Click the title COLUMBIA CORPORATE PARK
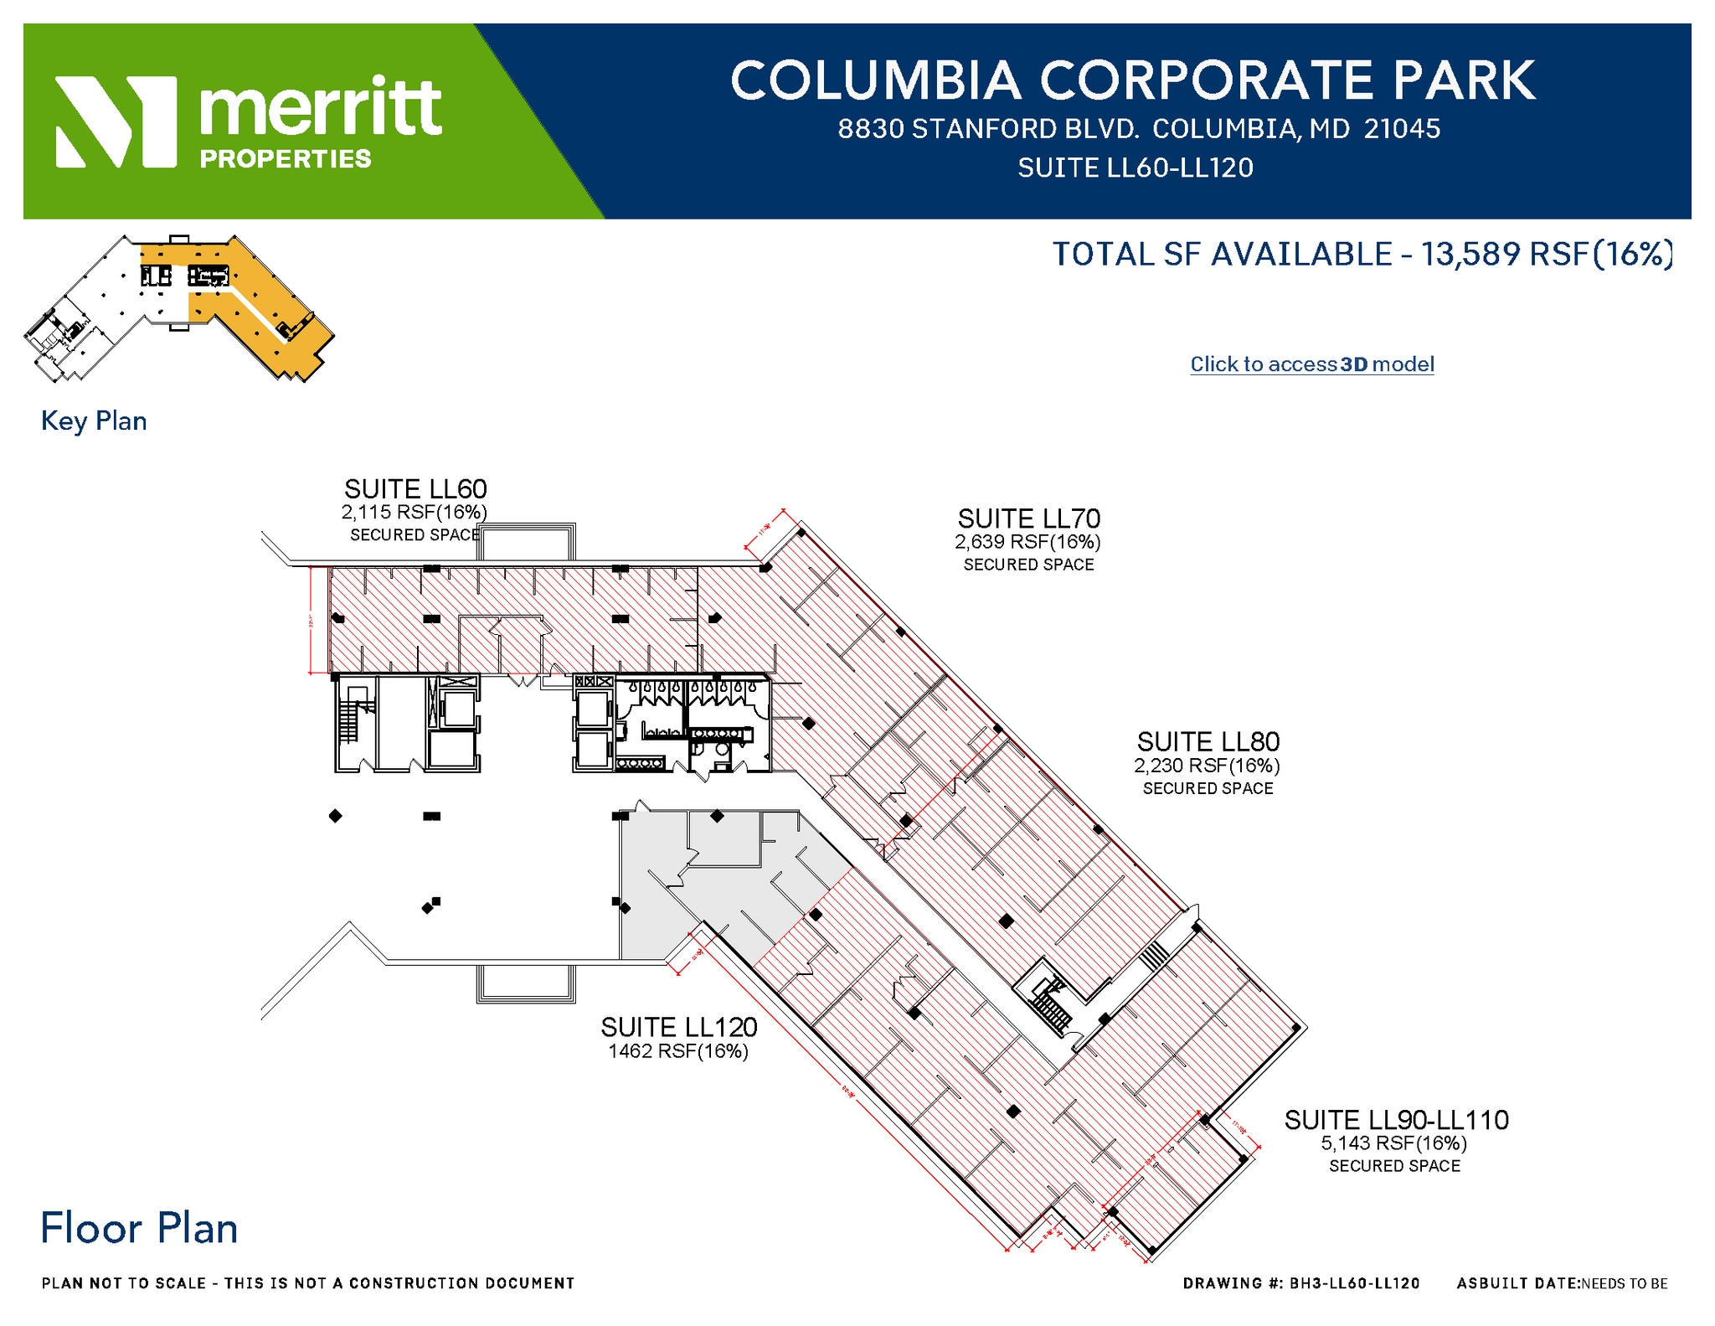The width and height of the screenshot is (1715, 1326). click(x=1133, y=80)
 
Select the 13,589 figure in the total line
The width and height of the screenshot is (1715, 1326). click(x=1470, y=254)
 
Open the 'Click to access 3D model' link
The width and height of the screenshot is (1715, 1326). click(x=1311, y=364)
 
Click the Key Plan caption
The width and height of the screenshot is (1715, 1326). click(x=94, y=421)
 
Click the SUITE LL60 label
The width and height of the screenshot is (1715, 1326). click(x=415, y=489)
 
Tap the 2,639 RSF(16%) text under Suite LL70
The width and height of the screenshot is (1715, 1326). click(x=1027, y=542)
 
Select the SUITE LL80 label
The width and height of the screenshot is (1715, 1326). click(x=1208, y=741)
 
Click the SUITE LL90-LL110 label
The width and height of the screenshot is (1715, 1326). click(x=1396, y=1120)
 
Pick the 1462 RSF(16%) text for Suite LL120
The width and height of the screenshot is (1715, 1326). click(x=677, y=1051)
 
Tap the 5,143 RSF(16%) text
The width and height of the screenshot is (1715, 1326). click(x=1393, y=1143)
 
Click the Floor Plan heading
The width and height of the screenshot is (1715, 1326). click(x=139, y=1229)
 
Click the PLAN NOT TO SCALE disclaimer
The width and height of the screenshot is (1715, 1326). click(x=308, y=1283)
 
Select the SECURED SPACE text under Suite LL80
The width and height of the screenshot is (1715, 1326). click(x=1208, y=789)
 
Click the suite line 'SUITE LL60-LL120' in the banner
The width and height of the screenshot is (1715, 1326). click(x=1135, y=168)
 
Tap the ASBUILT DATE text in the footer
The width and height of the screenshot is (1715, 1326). click(x=1562, y=1283)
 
